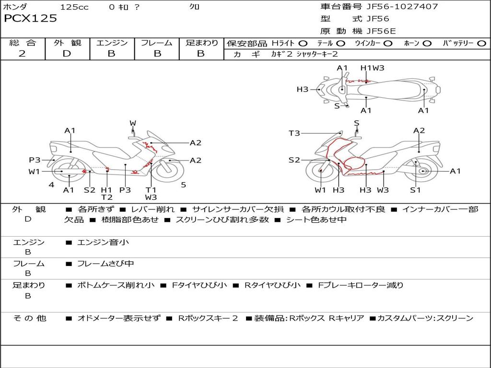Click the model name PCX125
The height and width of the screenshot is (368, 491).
[30, 18]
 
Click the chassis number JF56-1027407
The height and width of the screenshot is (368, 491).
[402, 7]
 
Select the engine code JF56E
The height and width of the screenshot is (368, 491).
[381, 31]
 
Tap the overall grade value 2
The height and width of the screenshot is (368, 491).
[22, 54]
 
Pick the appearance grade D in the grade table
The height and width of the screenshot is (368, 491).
[67, 54]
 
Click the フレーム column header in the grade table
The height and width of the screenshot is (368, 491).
[157, 43]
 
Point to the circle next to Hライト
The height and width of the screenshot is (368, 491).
[303, 44]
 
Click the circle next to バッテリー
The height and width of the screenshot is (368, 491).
[482, 44]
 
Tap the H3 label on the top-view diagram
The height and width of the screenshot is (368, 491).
[303, 89]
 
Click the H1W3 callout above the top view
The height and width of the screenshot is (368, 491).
[372, 68]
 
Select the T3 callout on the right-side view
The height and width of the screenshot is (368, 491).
[294, 133]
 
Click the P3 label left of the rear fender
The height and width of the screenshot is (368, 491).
[35, 160]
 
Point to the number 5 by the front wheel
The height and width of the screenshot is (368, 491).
[184, 185]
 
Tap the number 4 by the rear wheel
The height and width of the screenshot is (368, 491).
[51, 185]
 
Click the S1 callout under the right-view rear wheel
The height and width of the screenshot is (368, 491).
[416, 190]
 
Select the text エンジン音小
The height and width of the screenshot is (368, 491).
[103, 242]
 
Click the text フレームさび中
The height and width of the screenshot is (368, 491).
[105, 264]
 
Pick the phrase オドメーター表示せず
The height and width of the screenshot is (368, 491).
[119, 318]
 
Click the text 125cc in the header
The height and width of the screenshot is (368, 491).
[74, 7]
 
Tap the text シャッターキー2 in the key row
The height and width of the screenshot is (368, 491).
[317, 54]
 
